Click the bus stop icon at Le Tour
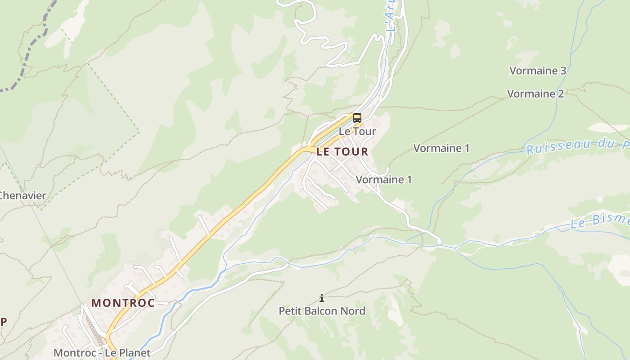[357, 118]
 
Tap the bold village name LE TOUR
[342, 152]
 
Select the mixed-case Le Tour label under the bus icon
[357, 131]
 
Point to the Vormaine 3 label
[537, 71]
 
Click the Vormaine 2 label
[535, 94]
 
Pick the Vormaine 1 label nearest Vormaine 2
[441, 148]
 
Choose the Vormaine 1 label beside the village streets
[383, 180]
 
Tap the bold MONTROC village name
[123, 303]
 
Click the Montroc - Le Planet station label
[102, 352]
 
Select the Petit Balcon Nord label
[322, 311]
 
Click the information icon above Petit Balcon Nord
[322, 298]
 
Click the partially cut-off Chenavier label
[22, 196]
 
